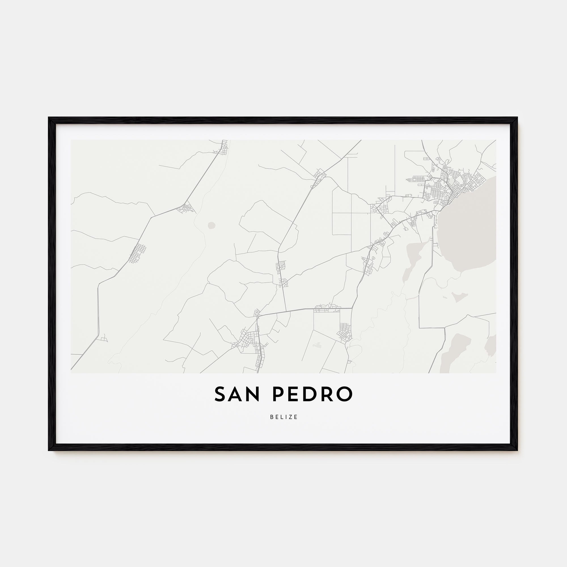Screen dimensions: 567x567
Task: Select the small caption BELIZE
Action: (x=283, y=417)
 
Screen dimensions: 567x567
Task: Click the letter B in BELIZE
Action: (x=272, y=417)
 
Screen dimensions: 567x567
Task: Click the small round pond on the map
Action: (x=211, y=225)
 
